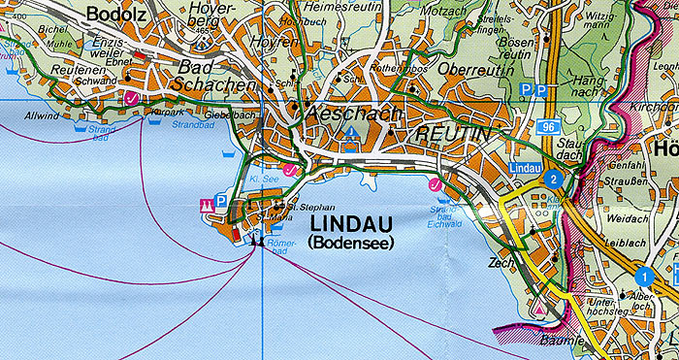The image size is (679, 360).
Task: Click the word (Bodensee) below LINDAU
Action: [349, 244]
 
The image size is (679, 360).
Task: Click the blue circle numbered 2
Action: [553, 179]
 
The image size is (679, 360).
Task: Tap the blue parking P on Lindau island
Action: [222, 203]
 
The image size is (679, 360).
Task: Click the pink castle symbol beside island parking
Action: [206, 204]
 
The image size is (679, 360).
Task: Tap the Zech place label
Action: [501, 263]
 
